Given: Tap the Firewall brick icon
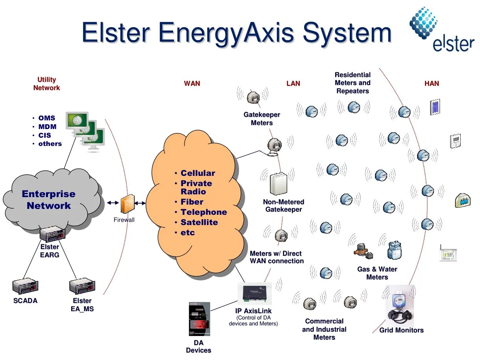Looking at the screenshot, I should tap(127, 205).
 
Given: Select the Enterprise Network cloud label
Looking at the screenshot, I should tap(48, 199).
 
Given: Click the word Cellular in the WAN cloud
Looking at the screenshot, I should tap(198, 173).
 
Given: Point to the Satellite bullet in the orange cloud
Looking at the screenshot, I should tap(199, 222).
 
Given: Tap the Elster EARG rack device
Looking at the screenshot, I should tap(52, 235).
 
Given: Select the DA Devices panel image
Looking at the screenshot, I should tap(199, 320).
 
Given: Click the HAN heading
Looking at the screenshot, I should tap(432, 83).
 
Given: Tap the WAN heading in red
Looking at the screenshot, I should tap(192, 83).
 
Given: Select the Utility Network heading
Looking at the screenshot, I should tap(46, 84).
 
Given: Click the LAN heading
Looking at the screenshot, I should tap(293, 83).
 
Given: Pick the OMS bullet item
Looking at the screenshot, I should tap(46, 118).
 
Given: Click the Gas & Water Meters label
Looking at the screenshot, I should tap(377, 273).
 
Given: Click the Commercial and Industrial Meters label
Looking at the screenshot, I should tap(324, 329).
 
